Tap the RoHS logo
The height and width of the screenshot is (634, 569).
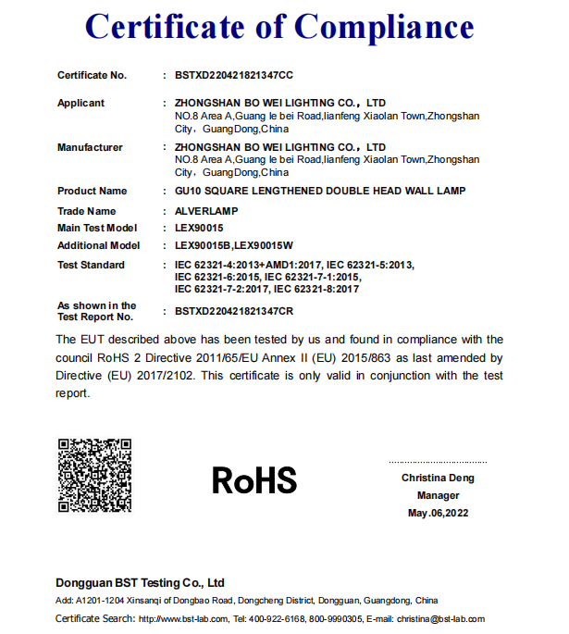click(254, 480)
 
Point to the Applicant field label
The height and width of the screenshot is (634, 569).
click(80, 103)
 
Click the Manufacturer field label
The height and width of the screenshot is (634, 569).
click(90, 147)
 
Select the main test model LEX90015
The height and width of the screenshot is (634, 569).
click(199, 228)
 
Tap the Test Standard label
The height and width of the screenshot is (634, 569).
click(91, 266)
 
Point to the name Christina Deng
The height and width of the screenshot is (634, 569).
click(438, 478)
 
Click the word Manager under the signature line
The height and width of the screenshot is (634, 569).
click(438, 495)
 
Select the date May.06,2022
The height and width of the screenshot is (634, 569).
click(438, 513)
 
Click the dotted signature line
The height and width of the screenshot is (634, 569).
click(438, 462)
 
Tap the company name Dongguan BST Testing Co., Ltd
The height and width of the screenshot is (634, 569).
click(141, 583)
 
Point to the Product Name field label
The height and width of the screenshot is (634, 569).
click(93, 192)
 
